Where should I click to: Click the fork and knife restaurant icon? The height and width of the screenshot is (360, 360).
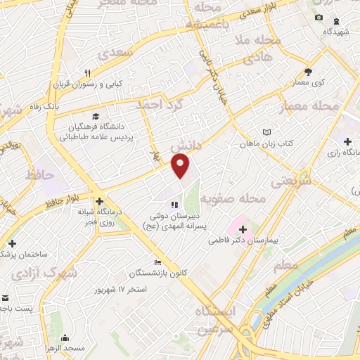click(88, 73)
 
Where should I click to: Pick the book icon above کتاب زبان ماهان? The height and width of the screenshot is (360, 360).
click(266, 132)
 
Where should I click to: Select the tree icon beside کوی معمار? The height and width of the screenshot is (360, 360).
click(308, 72)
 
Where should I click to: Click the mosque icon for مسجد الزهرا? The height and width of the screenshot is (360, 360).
click(65, 337)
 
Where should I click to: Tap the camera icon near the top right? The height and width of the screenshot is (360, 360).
click(319, 17)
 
